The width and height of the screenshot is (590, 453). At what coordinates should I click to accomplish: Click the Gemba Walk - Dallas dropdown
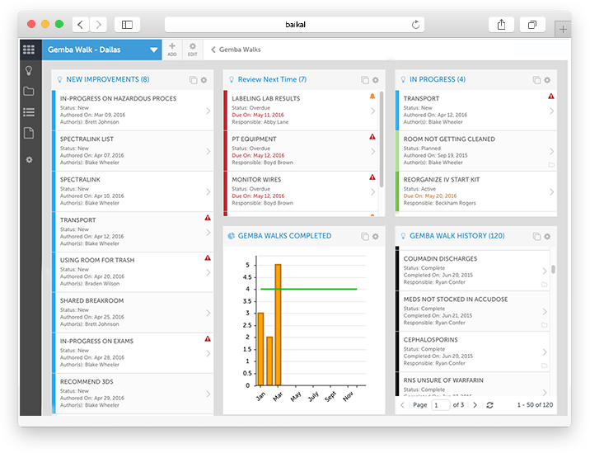coord(101,50)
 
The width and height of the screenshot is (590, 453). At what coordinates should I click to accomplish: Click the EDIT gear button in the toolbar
coord(192,50)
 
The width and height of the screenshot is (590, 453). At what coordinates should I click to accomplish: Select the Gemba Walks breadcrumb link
coord(239,50)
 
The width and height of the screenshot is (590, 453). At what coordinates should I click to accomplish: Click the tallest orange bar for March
coord(279,324)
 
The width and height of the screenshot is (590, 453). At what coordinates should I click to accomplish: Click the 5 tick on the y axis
coord(246,265)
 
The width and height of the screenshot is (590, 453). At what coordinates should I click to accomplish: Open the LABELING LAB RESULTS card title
coord(265,99)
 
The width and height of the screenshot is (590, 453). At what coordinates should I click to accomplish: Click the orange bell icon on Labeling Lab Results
coord(372,97)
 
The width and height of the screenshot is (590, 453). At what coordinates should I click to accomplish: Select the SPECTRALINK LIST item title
coord(87,139)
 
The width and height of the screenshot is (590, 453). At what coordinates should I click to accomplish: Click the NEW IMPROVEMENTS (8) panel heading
coord(107,80)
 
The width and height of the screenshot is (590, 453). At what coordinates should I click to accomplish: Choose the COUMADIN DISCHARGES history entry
coord(440,259)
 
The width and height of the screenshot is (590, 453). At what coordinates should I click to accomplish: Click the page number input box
coord(441,405)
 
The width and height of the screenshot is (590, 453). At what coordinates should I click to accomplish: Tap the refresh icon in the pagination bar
coord(490,405)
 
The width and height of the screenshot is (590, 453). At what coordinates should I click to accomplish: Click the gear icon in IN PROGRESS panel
coord(547,80)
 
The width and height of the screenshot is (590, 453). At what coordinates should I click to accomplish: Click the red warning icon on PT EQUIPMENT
coord(372,137)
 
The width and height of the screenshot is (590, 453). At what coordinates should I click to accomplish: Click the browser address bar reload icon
coord(416,25)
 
